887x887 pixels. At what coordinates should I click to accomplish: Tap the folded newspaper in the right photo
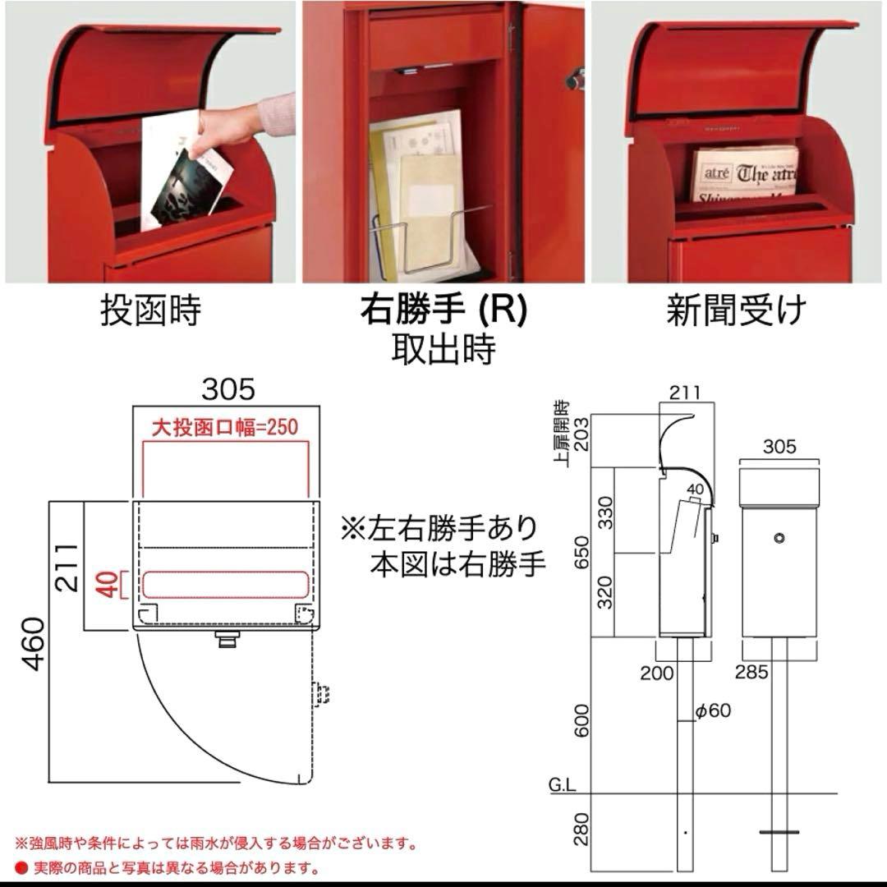[x=743, y=175]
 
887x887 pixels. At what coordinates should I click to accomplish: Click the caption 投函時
[x=151, y=312]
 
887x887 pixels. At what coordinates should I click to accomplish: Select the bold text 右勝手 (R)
[x=443, y=311]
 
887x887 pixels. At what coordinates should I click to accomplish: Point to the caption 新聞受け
[x=736, y=312]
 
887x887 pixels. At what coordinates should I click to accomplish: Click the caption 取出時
[x=443, y=349]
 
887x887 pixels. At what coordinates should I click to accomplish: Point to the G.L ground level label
[x=563, y=786]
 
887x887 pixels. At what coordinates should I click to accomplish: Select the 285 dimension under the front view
[x=751, y=673]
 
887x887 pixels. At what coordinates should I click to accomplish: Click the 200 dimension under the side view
[x=657, y=673]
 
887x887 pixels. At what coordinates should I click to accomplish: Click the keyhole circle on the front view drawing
[x=779, y=539]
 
